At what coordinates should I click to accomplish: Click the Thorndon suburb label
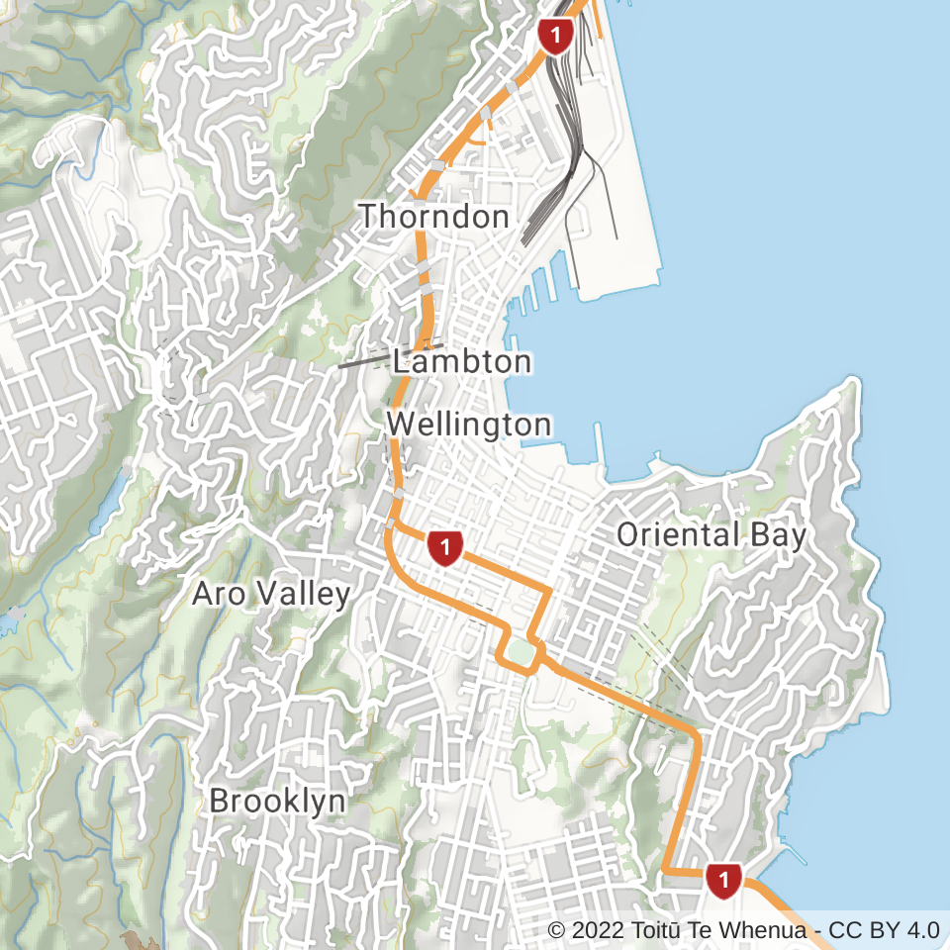pyautogui.click(x=433, y=216)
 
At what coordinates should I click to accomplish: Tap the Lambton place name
pyautogui.click(x=462, y=362)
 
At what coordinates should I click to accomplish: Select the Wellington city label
pyautogui.click(x=468, y=426)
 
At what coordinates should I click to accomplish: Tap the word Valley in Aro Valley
pyautogui.click(x=301, y=595)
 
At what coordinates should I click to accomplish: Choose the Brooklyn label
pyautogui.click(x=278, y=801)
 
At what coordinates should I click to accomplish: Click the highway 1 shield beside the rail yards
pyautogui.click(x=555, y=38)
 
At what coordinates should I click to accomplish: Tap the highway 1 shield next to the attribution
pyautogui.click(x=724, y=879)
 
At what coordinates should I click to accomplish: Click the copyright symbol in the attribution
pyautogui.click(x=556, y=930)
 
